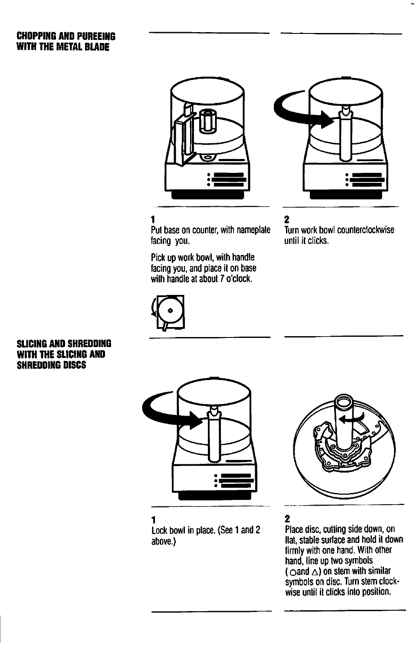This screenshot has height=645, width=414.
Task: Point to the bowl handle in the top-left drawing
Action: pyautogui.click(x=182, y=139)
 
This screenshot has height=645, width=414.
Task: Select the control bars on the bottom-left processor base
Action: pyautogui.click(x=236, y=480)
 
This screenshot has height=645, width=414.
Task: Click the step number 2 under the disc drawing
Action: pyautogui.click(x=287, y=519)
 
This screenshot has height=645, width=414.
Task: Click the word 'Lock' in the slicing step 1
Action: pyautogui.click(x=160, y=530)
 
